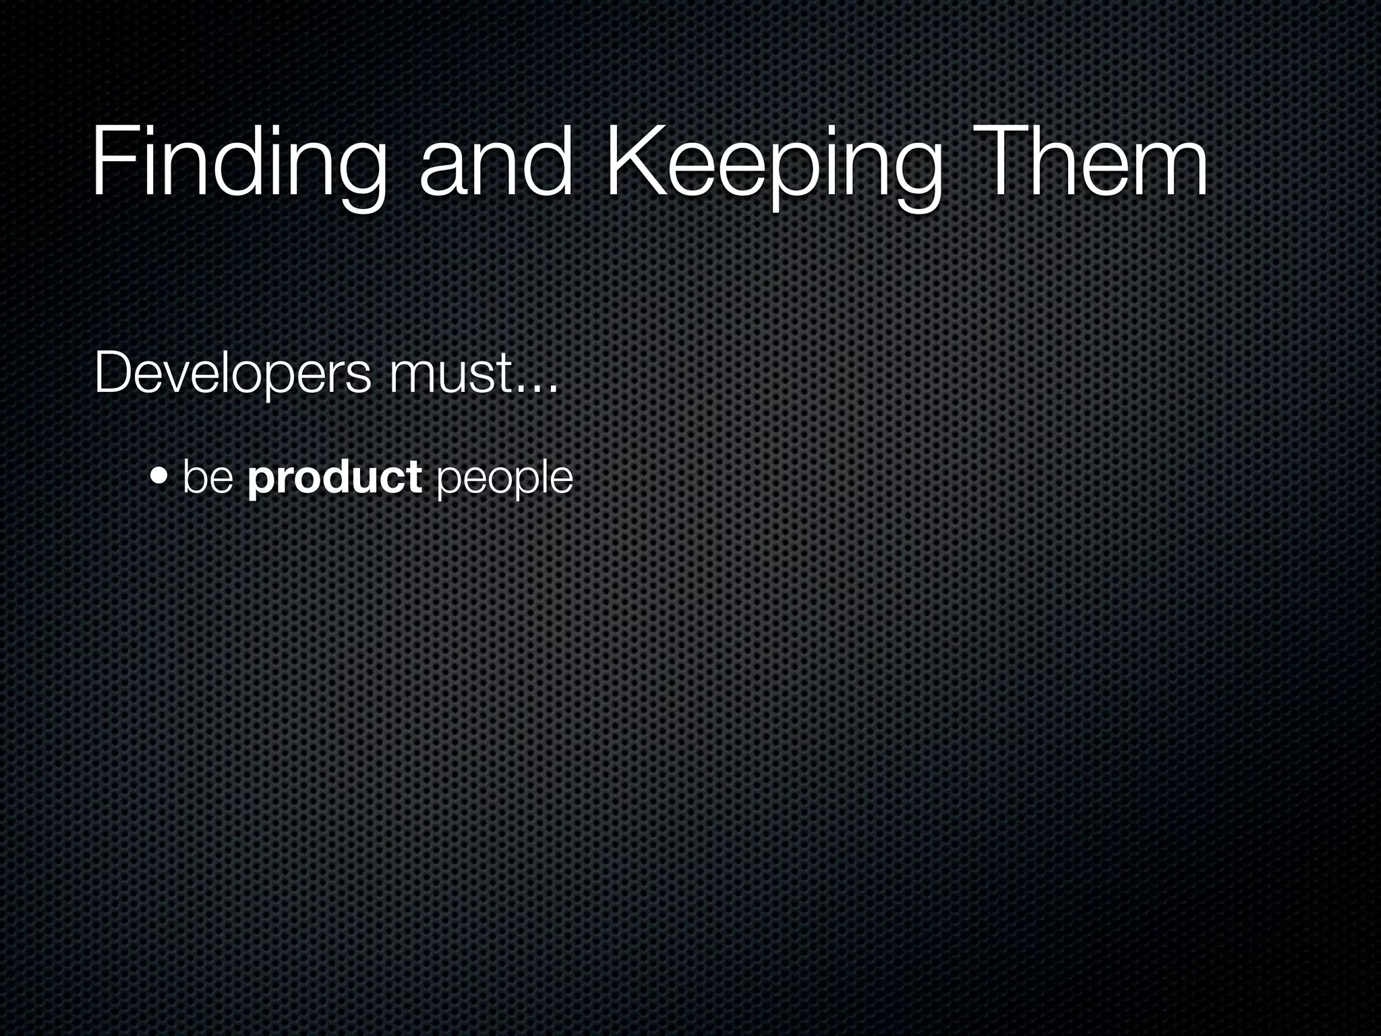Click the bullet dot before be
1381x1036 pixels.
tap(160, 479)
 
